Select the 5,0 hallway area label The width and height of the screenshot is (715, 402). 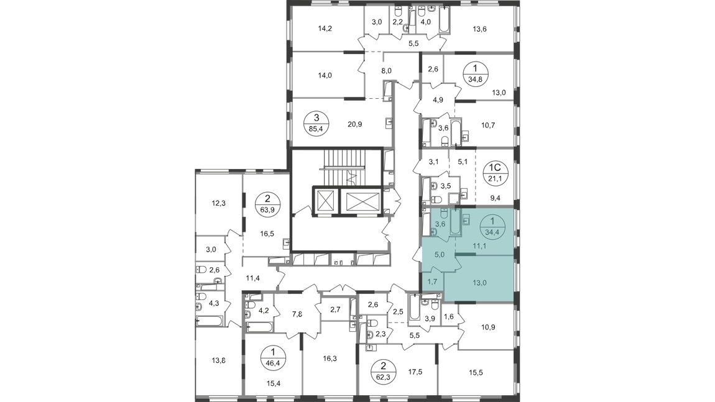(x=439, y=254)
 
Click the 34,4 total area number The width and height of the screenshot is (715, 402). (x=492, y=232)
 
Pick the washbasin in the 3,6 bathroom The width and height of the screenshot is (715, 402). (x=434, y=232)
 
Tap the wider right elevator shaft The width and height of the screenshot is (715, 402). (x=360, y=200)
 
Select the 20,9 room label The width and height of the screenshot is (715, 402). (x=355, y=124)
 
